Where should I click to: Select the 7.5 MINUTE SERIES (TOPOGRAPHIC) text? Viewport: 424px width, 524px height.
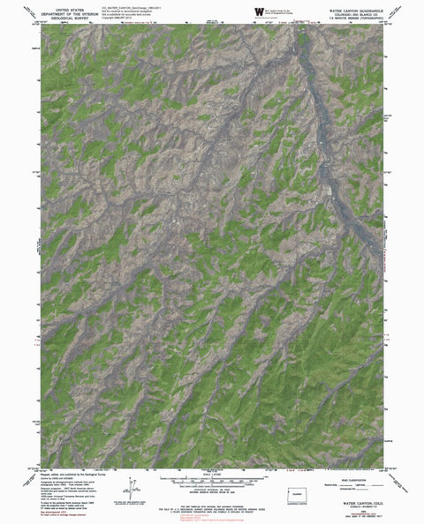(x=352, y=17)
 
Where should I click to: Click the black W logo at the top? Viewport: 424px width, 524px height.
(x=259, y=11)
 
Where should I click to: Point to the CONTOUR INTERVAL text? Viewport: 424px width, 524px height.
(x=211, y=493)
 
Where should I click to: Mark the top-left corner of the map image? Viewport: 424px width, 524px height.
(x=40, y=24)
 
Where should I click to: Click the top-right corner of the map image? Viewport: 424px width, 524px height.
(x=384, y=24)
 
